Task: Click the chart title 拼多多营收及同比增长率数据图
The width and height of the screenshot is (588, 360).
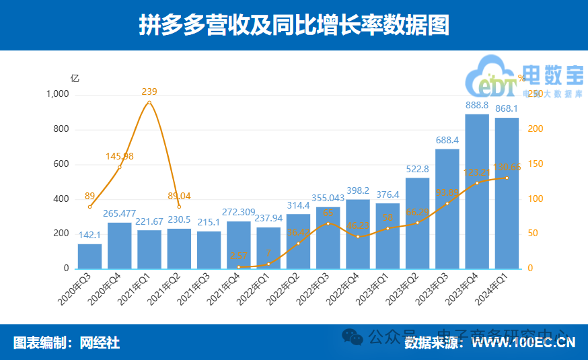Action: [x=293, y=26]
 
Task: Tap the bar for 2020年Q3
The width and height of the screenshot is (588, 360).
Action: [x=89, y=256]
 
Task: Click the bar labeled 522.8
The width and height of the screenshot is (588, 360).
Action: [x=417, y=223]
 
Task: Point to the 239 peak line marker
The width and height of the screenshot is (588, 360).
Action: [x=149, y=102]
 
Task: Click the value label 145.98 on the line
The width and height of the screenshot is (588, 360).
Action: [x=120, y=156]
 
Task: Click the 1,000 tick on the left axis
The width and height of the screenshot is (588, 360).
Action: [x=57, y=94]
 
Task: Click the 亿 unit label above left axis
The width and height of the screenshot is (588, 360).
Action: [x=75, y=78]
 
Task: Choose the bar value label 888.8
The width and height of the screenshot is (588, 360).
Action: [x=477, y=105]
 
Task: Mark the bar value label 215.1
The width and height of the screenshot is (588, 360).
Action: [x=209, y=222]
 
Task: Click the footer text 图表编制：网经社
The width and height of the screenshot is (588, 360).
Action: [x=67, y=343]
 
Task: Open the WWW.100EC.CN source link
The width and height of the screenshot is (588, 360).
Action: [x=523, y=343]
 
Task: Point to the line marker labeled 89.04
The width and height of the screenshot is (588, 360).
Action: [x=179, y=207]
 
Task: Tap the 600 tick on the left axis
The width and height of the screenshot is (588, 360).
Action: [x=61, y=164]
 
